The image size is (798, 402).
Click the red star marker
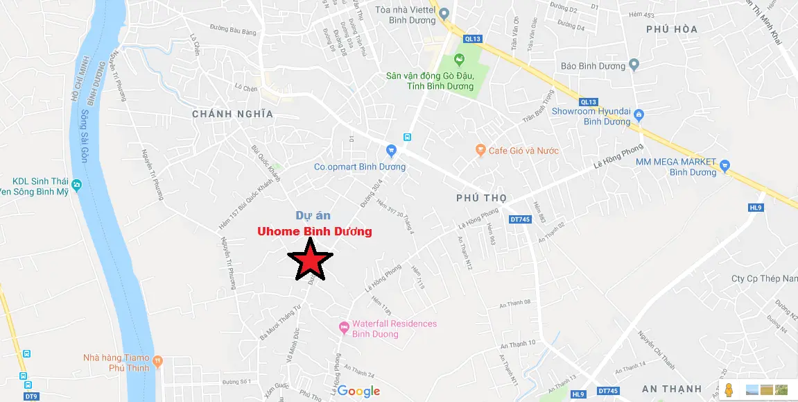[310, 260]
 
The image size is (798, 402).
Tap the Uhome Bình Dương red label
[314, 231]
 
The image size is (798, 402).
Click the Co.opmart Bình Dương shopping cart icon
[391, 150]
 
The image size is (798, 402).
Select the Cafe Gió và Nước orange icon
[480, 150]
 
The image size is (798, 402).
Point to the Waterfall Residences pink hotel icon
[343, 327]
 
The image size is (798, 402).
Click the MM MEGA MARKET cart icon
[725, 165]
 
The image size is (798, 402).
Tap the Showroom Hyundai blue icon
[639, 115]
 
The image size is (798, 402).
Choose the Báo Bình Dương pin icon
[634, 66]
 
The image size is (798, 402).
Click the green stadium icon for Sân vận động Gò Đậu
[458, 61]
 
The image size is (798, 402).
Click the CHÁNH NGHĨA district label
[232, 114]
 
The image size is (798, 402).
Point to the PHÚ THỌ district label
[481, 198]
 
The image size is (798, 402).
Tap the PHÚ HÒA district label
[671, 29]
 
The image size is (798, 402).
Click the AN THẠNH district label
[672, 388]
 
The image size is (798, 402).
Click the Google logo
[359, 392]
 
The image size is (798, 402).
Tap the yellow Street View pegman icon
[729, 391]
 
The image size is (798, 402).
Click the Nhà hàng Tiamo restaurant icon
[157, 360]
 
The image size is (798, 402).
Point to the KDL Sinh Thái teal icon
[76, 185]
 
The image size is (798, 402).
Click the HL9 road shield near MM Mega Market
[756, 208]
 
